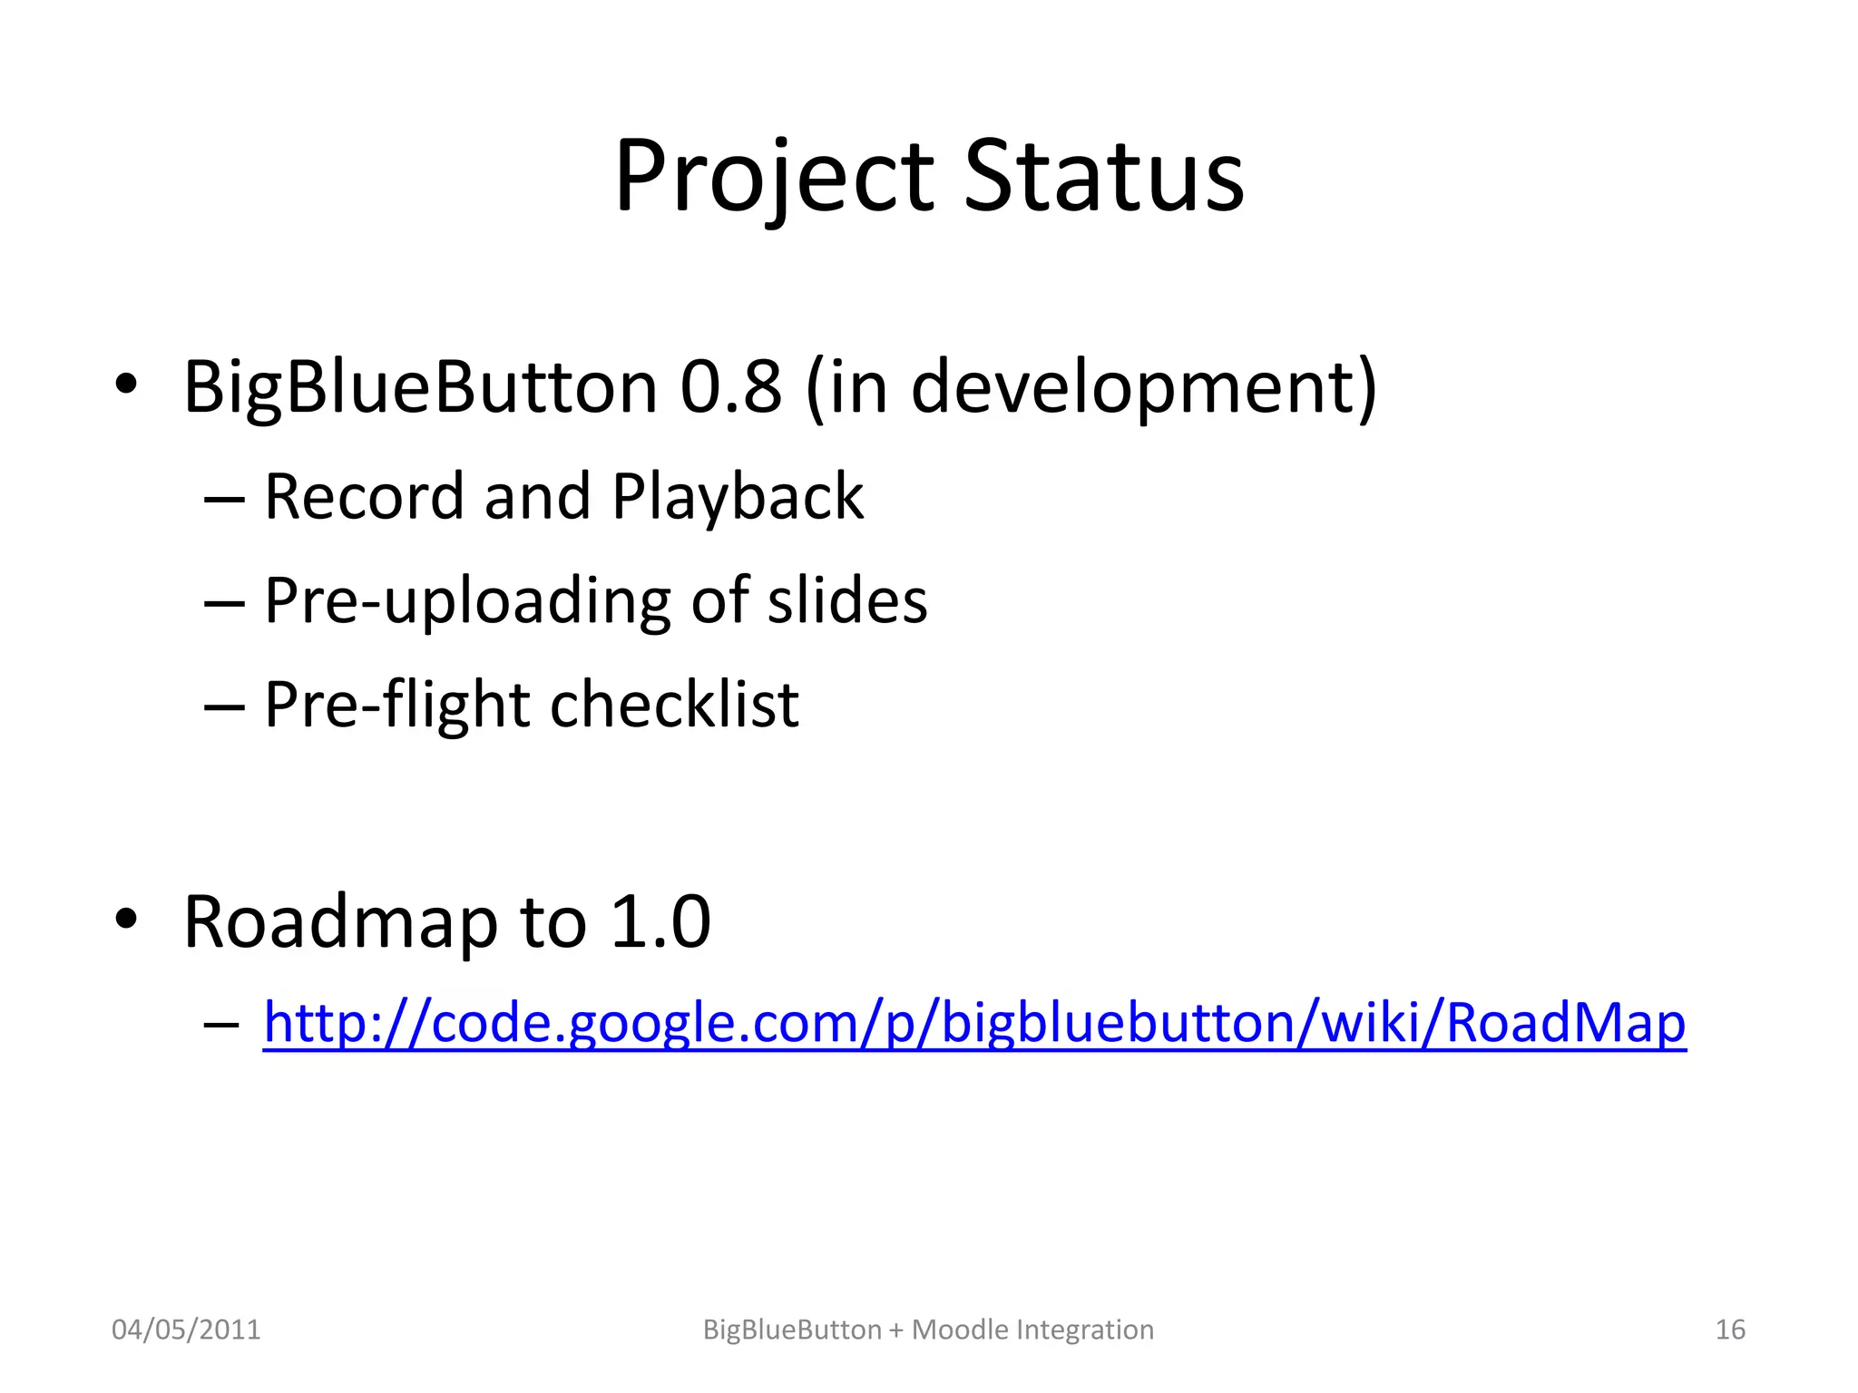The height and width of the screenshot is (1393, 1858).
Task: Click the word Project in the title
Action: pos(774,177)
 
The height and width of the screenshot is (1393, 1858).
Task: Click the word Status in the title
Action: pos(1103,177)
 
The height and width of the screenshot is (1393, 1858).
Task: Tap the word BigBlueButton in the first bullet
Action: pos(420,387)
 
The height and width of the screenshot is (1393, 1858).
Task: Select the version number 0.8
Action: pos(731,387)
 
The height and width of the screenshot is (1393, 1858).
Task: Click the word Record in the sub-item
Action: pos(363,497)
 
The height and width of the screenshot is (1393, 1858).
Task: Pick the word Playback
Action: pos(738,497)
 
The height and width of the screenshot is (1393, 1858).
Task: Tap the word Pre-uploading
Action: pos(466,601)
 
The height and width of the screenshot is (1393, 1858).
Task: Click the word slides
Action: pos(847,601)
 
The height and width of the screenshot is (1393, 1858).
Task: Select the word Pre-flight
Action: pos(396,705)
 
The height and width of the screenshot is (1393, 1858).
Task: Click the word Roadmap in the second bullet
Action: pos(340,922)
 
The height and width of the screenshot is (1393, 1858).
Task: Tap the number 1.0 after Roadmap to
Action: pos(660,922)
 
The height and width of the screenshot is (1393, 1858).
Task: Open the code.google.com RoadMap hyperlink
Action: pos(973,1024)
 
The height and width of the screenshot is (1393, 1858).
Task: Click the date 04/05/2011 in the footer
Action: pos(186,1330)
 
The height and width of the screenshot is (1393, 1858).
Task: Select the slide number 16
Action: pos(1730,1330)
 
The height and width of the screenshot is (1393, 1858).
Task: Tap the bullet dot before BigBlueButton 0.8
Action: pos(126,385)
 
